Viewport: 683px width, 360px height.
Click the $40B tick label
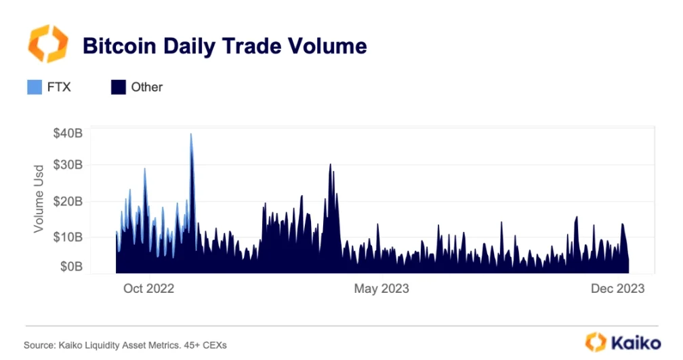pyautogui.click(x=68, y=134)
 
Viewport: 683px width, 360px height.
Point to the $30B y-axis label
pyautogui.click(x=68, y=165)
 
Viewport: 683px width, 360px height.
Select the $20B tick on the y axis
pyautogui.click(x=68, y=201)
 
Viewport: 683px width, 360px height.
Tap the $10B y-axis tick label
pyautogui.click(x=68, y=237)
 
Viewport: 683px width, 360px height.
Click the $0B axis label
pyautogui.click(x=70, y=266)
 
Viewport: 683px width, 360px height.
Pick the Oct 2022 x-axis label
pyautogui.click(x=148, y=289)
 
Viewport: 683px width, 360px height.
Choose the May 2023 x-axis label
pyautogui.click(x=381, y=289)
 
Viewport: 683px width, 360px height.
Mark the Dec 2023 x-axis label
pyautogui.click(x=617, y=289)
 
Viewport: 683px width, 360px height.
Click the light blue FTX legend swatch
pyautogui.click(x=35, y=87)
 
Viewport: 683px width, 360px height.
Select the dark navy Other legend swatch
pyautogui.click(x=118, y=87)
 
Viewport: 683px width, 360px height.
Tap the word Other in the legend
pyautogui.click(x=147, y=87)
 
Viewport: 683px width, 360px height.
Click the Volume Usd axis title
pyautogui.click(x=39, y=199)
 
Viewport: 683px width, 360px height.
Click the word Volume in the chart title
pyautogui.click(x=324, y=46)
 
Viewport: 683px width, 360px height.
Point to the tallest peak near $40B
pyautogui.click(x=191, y=135)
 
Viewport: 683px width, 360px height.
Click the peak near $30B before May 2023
pyautogui.click(x=330, y=165)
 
